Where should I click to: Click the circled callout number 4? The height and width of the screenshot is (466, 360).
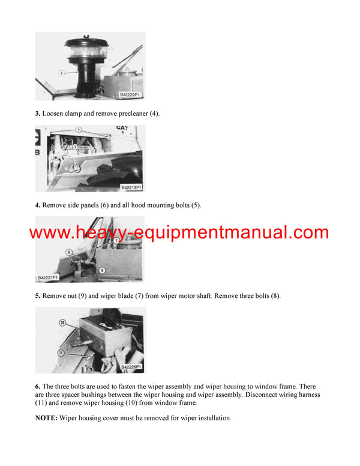(x=61, y=73)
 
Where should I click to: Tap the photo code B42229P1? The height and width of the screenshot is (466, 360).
(x=131, y=95)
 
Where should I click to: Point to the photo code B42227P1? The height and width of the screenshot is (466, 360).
(x=49, y=277)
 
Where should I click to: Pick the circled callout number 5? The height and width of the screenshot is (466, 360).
(x=78, y=130)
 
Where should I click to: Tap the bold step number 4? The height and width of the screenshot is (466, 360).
(x=38, y=205)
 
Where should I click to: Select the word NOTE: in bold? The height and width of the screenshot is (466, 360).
(x=46, y=418)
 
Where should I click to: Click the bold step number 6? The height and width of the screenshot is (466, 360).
(x=38, y=386)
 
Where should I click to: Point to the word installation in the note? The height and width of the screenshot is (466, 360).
(x=211, y=418)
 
